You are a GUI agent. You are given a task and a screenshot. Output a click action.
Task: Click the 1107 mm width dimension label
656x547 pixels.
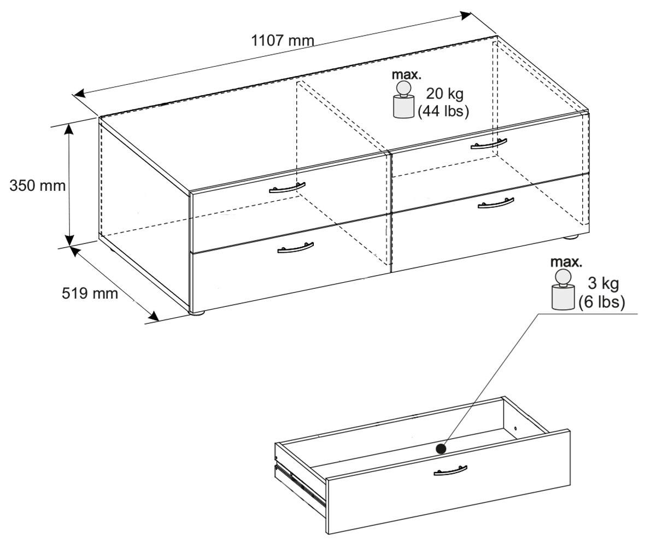[x=283, y=41]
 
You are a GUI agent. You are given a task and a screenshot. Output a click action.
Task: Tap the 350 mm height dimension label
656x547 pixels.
[x=37, y=185]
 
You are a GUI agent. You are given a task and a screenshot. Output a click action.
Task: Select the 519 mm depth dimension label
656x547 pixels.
[x=90, y=293]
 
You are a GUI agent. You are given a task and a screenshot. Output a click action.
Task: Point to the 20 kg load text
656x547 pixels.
[x=444, y=94]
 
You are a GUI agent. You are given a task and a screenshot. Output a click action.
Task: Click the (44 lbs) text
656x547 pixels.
[x=443, y=111]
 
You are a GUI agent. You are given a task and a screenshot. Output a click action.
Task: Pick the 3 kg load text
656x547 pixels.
[x=603, y=283]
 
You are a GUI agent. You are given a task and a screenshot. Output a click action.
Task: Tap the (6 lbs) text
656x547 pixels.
[x=602, y=302]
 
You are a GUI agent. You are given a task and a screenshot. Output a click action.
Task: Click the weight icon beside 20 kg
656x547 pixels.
[x=404, y=100]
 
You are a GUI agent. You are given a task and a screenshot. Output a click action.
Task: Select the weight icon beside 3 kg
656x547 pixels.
[x=563, y=290]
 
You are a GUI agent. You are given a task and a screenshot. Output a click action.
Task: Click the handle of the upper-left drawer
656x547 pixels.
[x=287, y=188]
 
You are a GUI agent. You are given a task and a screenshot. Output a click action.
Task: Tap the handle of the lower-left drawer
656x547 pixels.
[x=295, y=248]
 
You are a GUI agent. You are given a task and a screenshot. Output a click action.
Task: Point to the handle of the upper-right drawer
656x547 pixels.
[x=489, y=144]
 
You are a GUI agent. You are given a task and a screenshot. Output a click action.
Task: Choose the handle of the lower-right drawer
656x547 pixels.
[x=496, y=203]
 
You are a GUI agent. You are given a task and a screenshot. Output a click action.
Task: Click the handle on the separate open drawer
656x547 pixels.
[x=450, y=470]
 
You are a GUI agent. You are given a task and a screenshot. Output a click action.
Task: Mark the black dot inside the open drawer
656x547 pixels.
[x=441, y=449]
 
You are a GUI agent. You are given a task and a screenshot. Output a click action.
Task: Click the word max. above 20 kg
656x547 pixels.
[x=407, y=75]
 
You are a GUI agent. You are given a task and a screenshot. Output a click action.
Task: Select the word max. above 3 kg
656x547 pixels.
[x=566, y=262]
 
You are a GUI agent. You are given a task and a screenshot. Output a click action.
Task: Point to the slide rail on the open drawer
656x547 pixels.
[x=300, y=486]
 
